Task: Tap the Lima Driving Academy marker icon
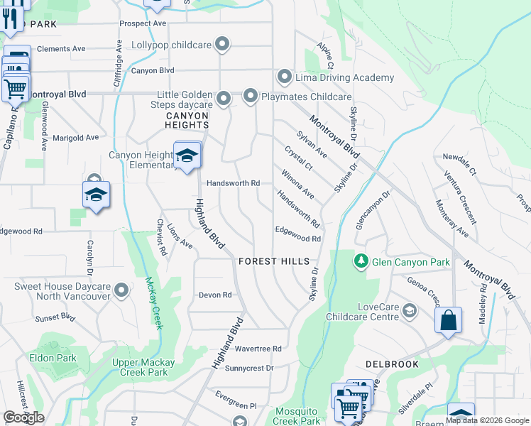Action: tap(285, 77)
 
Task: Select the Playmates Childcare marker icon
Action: tap(251, 96)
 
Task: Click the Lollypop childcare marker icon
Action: tap(223, 45)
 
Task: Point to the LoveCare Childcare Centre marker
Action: tap(410, 311)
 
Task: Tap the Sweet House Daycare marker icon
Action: tap(122, 290)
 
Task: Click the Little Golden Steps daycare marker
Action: tap(224, 99)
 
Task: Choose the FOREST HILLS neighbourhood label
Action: tap(274, 261)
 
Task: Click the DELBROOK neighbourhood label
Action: tap(392, 364)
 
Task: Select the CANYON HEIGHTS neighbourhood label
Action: tap(187, 120)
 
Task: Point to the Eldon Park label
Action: tap(53, 358)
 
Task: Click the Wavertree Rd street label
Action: tap(258, 349)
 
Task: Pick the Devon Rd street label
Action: tap(215, 295)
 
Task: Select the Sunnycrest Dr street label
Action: tap(249, 368)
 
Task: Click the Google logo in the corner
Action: tap(23, 417)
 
